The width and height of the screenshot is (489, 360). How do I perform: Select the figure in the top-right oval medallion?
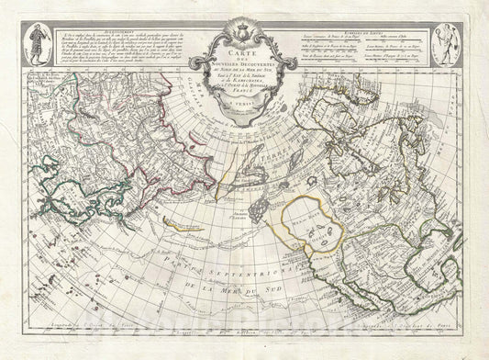(450, 47)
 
